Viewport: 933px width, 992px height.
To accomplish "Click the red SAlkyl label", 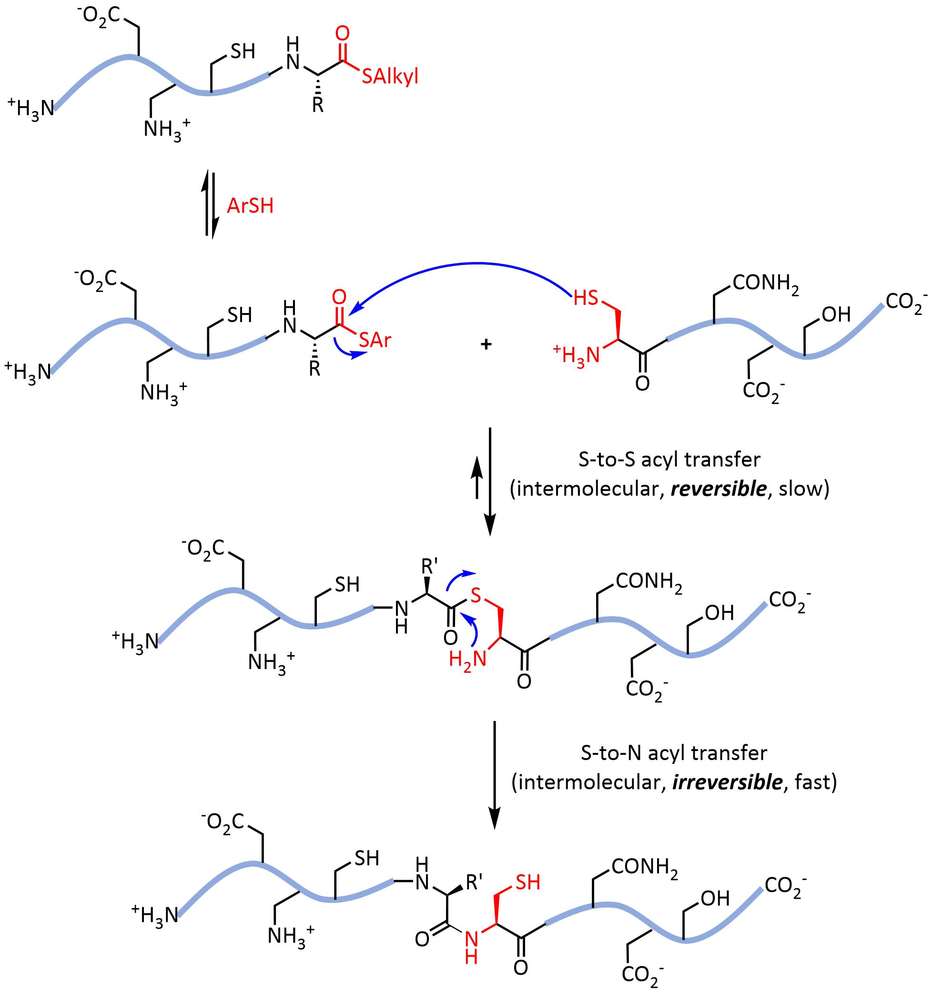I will point(390,76).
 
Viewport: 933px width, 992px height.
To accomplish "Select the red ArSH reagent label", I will point(250,205).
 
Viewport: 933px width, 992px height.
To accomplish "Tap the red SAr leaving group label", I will point(375,340).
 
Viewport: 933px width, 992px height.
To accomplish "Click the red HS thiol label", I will point(585,298).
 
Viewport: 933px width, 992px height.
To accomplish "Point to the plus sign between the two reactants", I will point(486,344).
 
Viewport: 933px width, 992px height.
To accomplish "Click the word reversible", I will point(718,488).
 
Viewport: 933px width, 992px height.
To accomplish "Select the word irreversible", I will point(727,782).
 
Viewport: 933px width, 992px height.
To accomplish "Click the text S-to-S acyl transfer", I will point(669,460).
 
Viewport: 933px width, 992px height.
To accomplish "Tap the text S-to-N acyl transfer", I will point(674,753).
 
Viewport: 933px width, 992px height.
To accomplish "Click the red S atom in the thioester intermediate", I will point(476,595).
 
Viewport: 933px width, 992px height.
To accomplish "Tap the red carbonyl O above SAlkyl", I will point(342,33).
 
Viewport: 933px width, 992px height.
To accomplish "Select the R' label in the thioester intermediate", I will point(430,567).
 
